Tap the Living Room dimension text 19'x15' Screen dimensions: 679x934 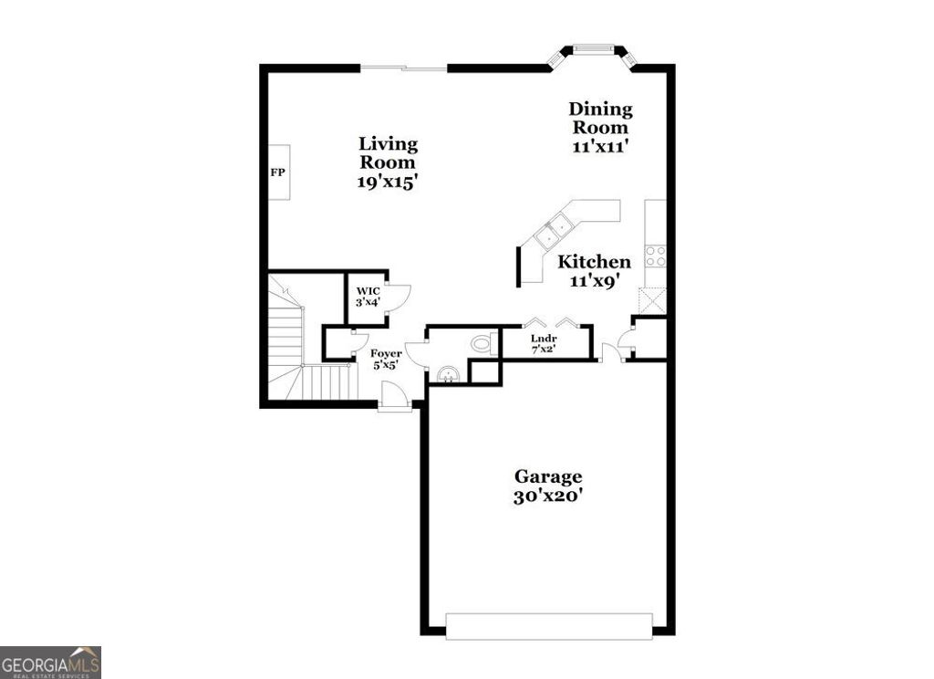click(x=388, y=181)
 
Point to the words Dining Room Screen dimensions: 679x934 click(x=600, y=118)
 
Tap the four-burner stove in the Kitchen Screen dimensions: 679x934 click(x=655, y=256)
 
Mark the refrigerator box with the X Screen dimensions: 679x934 click(x=653, y=300)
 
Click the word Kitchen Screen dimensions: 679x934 click(x=594, y=262)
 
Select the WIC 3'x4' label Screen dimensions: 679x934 click(x=368, y=296)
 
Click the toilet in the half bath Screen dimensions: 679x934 click(x=482, y=344)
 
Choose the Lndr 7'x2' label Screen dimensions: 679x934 click(x=544, y=342)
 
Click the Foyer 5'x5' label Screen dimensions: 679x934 click(x=384, y=359)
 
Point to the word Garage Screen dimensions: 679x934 click(x=547, y=476)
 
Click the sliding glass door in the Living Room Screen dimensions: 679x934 click(x=404, y=68)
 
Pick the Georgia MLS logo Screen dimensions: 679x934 click(x=50, y=662)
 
